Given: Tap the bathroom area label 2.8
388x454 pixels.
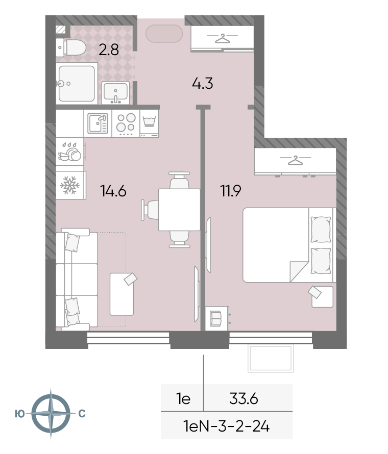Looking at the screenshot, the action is coord(109,50).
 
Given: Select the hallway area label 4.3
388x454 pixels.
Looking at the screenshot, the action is coord(203,83).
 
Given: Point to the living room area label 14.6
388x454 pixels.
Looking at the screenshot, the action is coord(113,191).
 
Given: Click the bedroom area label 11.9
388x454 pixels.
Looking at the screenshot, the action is coord(231,191).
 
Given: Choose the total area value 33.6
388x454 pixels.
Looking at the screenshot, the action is coord(244,399).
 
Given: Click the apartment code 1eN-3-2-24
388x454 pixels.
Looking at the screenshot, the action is coord(227,426).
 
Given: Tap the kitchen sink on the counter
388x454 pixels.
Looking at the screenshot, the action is coord(98,123).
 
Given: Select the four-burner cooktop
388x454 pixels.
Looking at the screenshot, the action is coord(126,123).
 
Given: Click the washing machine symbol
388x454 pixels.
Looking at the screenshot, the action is coord(149,123).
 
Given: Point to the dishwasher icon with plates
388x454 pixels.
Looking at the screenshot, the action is coord(70,152).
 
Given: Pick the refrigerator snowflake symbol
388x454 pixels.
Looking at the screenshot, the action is coord(69,185).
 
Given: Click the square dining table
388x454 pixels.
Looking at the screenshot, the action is coord(179,210).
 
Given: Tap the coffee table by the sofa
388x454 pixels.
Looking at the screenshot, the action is coord(122,294).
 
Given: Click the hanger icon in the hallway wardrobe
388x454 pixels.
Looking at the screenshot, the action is coord(222,38).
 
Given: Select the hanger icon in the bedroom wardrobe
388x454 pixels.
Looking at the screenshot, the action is coord(295,160).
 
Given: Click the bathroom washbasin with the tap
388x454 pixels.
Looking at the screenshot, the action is coord(115,93).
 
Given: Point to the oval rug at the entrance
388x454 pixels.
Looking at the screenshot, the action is coord(164,34).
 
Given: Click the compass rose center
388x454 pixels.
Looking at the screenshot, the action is coord(51,413).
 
